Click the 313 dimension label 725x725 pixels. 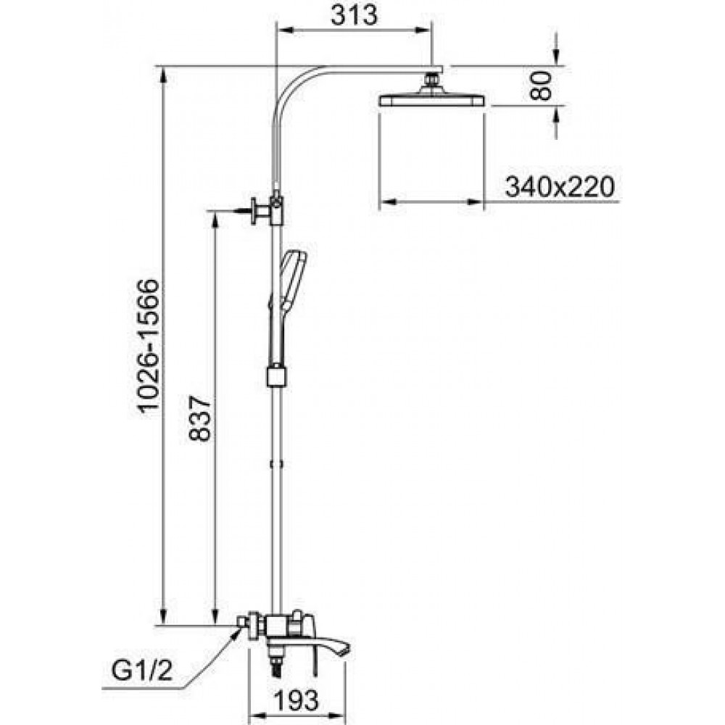(x=355, y=14)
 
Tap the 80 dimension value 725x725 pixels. (x=541, y=86)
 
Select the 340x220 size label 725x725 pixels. (x=560, y=187)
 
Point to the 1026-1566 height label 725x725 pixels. (x=149, y=344)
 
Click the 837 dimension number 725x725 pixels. (x=200, y=418)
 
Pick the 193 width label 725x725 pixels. (x=297, y=700)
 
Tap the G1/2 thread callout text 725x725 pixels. (x=142, y=671)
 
